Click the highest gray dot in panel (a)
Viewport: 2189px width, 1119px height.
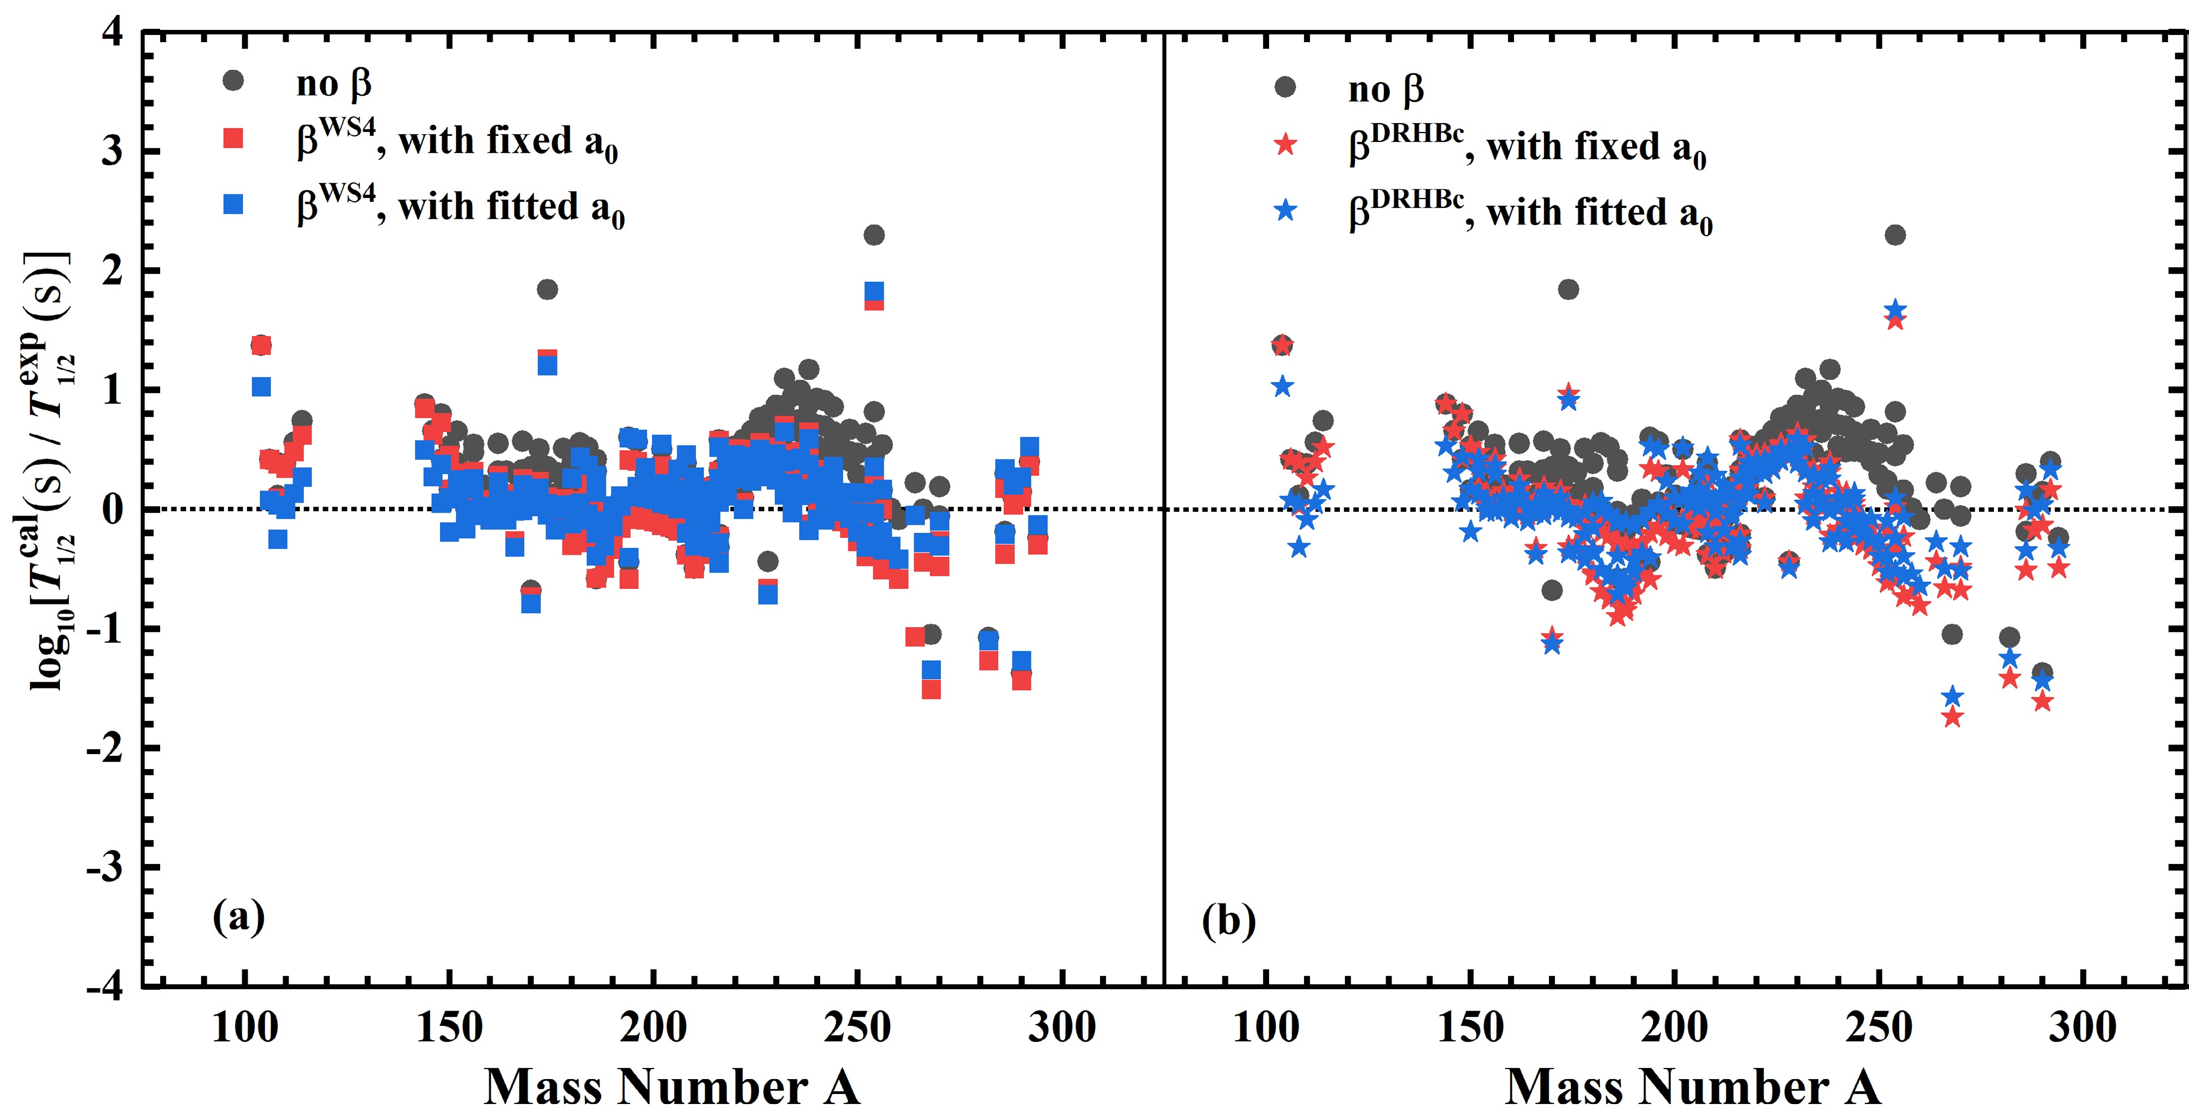coord(873,235)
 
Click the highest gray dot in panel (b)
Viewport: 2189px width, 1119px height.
coord(1895,235)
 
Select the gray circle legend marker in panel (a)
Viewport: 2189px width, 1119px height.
coord(233,81)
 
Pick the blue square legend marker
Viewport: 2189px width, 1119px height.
coord(233,204)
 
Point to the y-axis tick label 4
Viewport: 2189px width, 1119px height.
coord(112,32)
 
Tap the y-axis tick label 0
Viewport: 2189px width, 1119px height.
coord(112,510)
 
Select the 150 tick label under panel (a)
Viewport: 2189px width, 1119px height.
coord(449,1027)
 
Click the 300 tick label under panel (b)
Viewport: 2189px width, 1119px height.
coord(2082,1027)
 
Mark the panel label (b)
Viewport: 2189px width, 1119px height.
coord(1229,921)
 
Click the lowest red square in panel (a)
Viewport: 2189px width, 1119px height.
coord(932,689)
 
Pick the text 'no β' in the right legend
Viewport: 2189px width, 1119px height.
coord(1385,88)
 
